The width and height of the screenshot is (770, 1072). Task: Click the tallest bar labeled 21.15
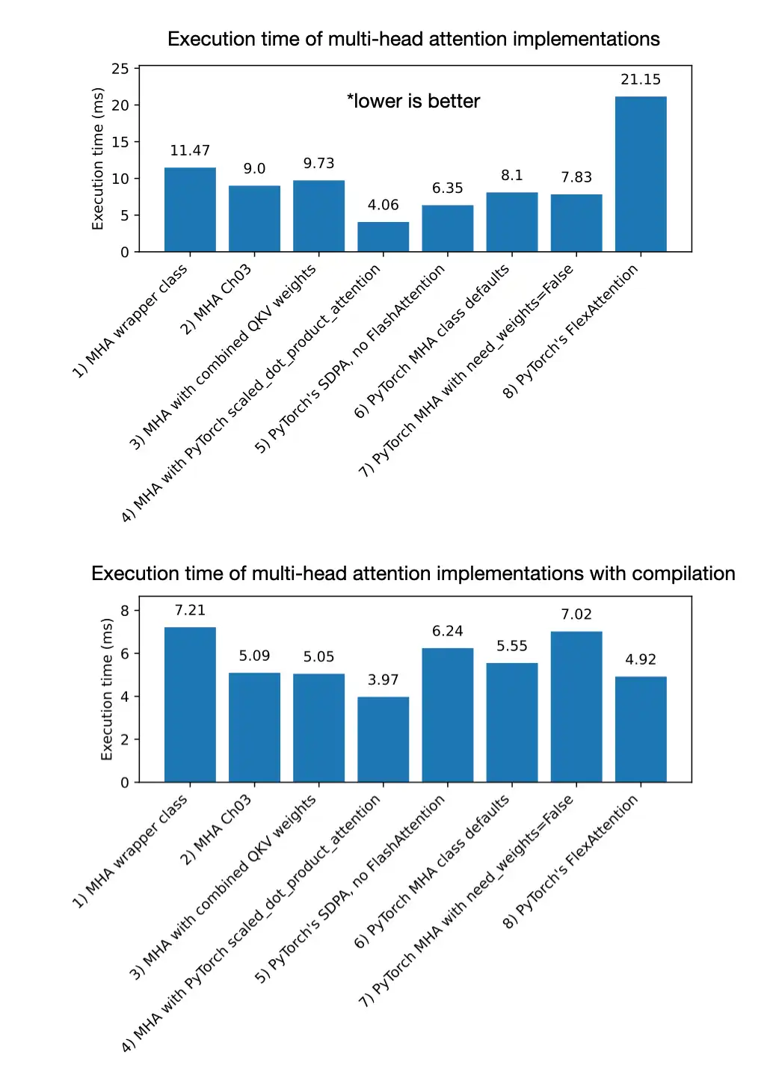641,174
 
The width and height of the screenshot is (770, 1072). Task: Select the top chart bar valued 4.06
383,237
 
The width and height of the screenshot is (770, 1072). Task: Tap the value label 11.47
190,150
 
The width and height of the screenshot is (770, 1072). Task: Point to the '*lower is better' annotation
413,101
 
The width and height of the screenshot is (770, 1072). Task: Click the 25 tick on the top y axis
120,69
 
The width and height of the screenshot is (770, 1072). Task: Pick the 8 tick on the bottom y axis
125,611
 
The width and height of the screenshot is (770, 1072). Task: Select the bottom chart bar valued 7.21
190,704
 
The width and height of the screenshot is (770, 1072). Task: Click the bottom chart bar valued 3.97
383,739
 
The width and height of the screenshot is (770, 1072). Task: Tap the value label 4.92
641,659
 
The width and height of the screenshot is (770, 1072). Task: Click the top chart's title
413,39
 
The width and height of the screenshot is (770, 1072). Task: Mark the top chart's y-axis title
98,158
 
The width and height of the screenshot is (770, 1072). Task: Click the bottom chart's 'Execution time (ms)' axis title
107,689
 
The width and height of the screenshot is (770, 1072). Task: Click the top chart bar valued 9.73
318,216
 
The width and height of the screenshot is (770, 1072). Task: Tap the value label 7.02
576,614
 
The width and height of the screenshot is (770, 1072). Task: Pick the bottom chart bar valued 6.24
447,715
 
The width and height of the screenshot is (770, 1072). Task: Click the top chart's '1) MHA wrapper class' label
130,322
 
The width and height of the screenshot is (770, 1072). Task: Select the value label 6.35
447,188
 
